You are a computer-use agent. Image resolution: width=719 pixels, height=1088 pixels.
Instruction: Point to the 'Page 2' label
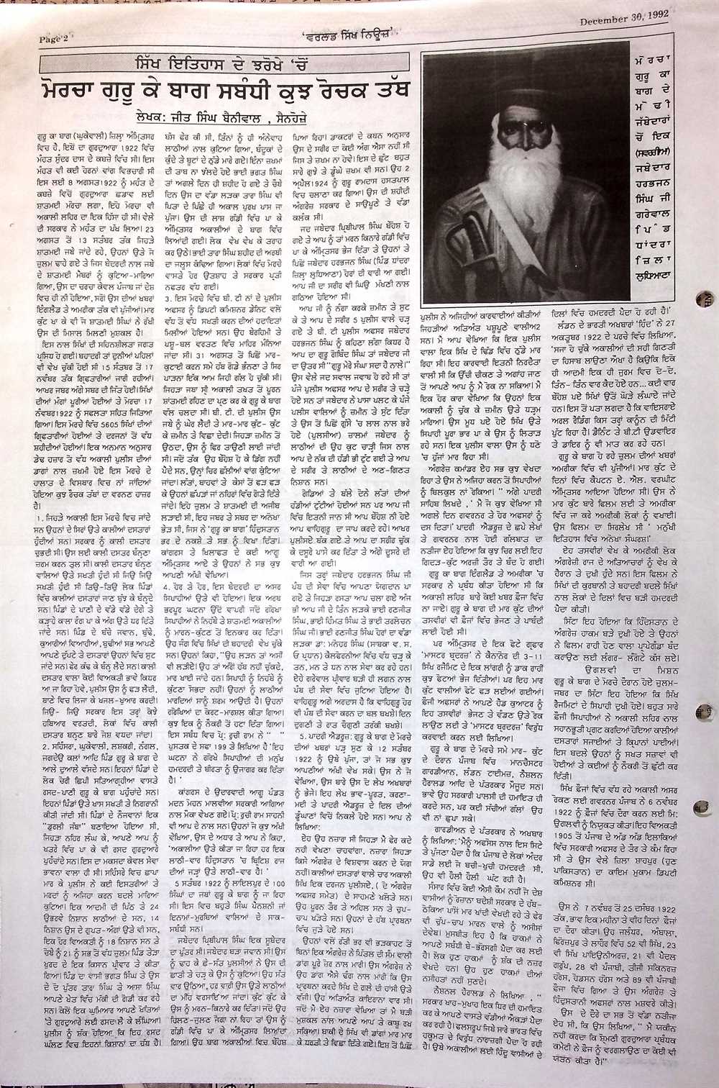click(x=52, y=39)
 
